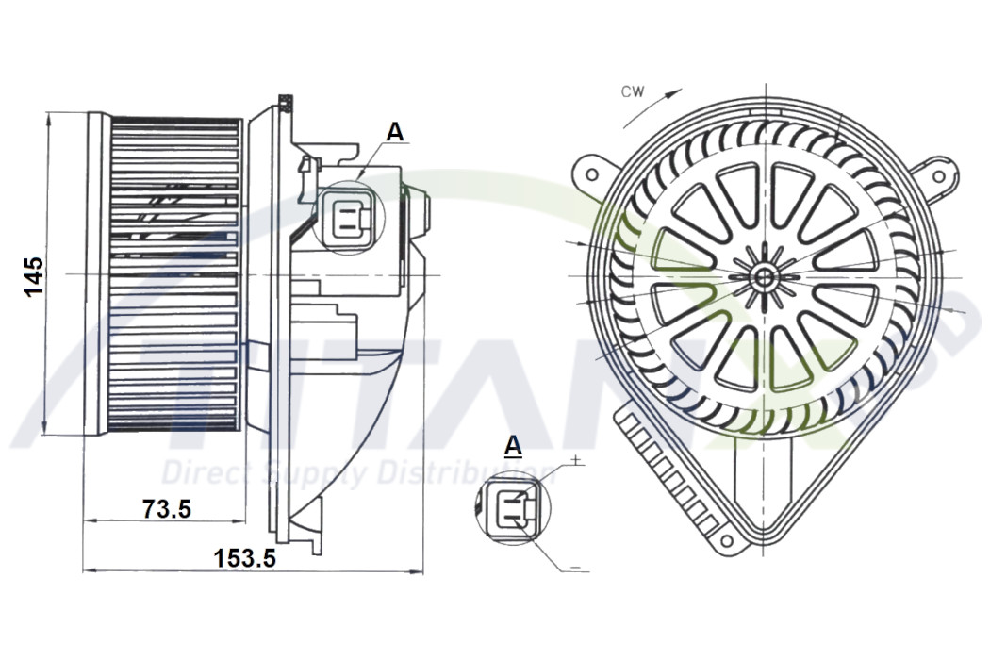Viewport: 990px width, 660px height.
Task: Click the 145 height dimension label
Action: tap(34, 275)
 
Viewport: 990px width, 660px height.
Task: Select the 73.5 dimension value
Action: tap(167, 509)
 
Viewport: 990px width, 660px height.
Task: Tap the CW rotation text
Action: tap(632, 91)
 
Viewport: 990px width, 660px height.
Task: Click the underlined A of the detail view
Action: tap(513, 444)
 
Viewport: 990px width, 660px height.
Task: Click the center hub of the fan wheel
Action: tap(763, 276)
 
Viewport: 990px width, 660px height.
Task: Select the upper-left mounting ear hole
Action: tap(591, 174)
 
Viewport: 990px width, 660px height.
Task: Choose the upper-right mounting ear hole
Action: tap(938, 176)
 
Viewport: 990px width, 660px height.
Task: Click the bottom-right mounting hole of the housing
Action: tap(725, 540)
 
